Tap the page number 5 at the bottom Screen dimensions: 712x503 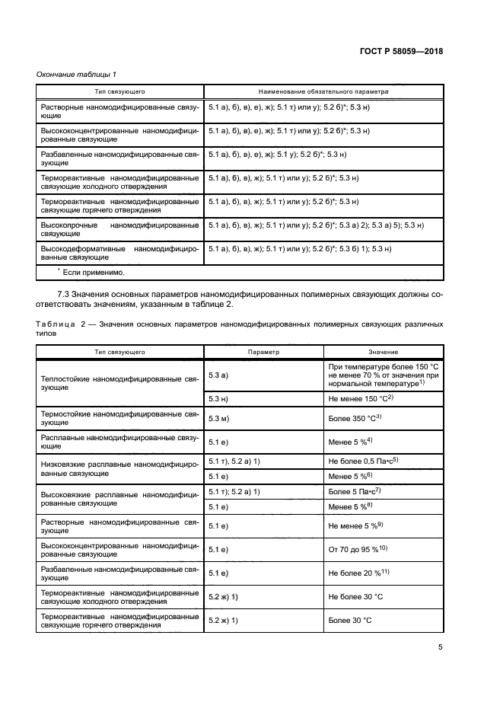point(440,647)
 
